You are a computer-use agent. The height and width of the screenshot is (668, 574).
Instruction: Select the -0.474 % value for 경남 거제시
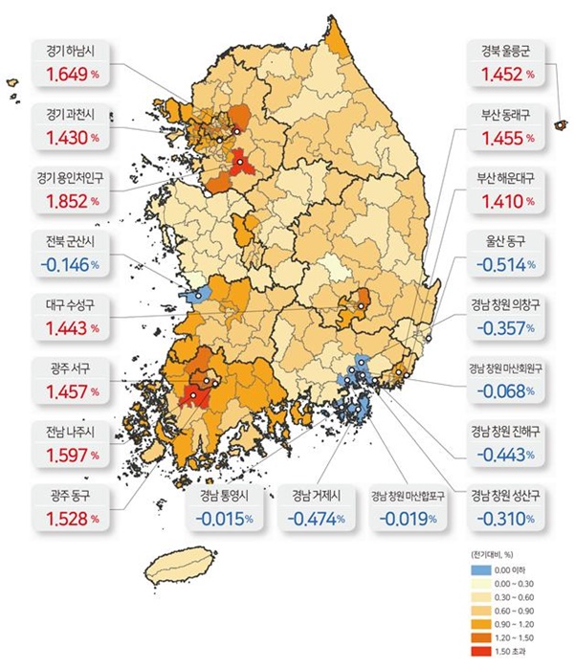pos(315,518)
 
